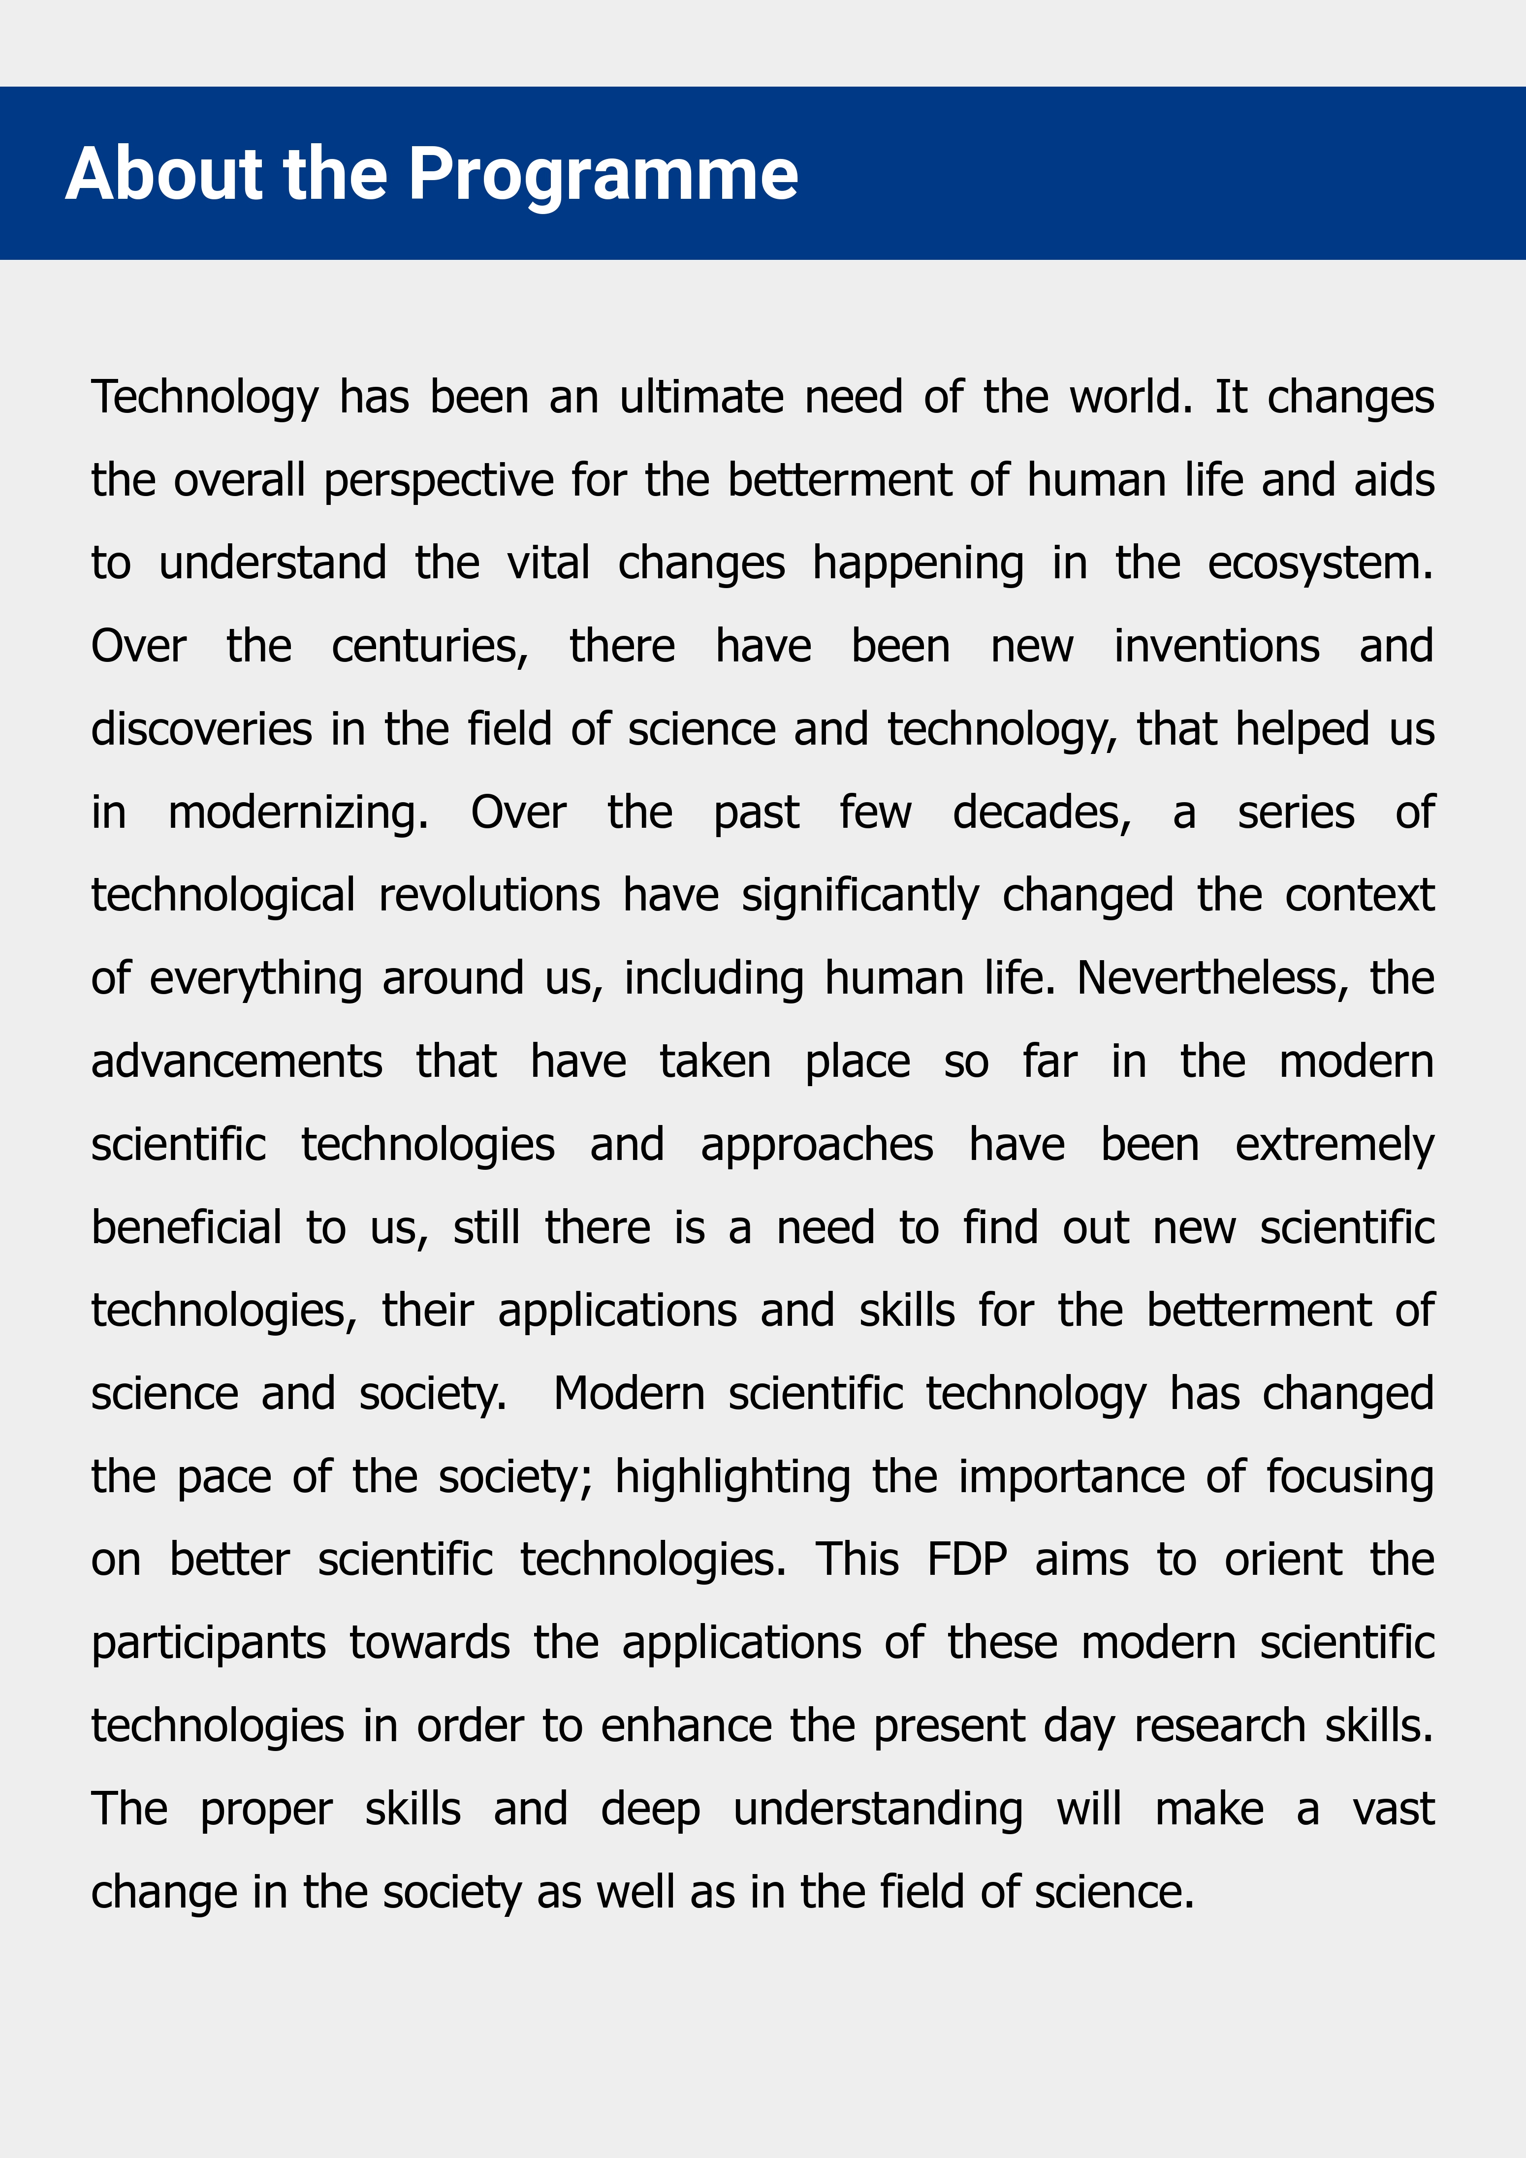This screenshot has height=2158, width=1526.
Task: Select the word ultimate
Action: click(x=701, y=398)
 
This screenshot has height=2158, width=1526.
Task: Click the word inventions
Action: click(x=1217, y=647)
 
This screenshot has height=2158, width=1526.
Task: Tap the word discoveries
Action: click(x=201, y=729)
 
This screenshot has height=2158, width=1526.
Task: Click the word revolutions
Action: click(x=489, y=896)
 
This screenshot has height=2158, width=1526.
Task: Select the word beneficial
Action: click(x=186, y=1228)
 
